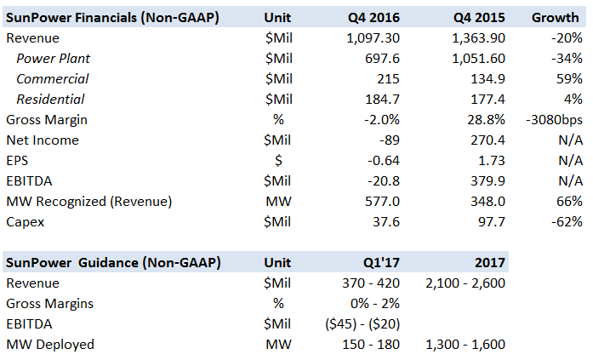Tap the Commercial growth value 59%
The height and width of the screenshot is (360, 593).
[569, 79]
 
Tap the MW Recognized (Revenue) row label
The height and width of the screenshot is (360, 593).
[89, 202]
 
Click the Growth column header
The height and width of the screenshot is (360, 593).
[557, 17]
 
